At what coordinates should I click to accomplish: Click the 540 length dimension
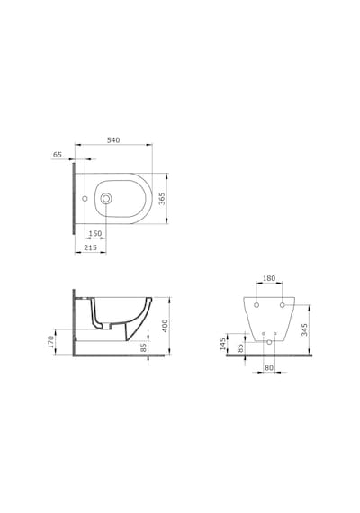[x=113, y=140]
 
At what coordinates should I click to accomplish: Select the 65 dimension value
[x=58, y=155]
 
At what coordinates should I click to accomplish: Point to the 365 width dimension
[x=162, y=199]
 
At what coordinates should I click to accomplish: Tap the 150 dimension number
[x=95, y=234]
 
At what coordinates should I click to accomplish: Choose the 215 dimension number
[x=90, y=247]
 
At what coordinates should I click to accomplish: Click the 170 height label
[x=50, y=342]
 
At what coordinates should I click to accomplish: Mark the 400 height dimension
[x=165, y=326]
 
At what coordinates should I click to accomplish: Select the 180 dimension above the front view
[x=269, y=278]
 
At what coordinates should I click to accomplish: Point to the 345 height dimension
[x=304, y=329]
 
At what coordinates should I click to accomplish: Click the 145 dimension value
[x=223, y=344]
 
